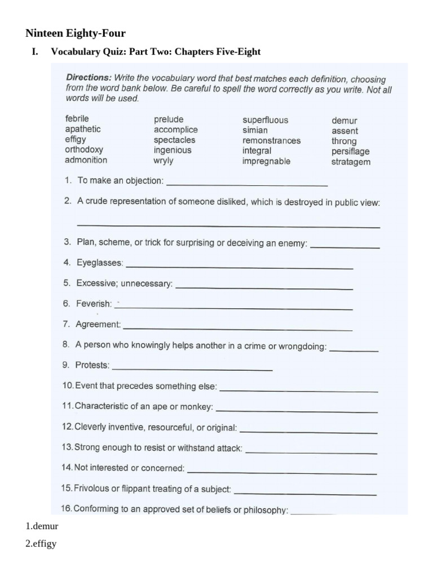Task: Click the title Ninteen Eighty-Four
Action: [76, 34]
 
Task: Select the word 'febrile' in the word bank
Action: [77, 119]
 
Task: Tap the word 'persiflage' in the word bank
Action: [351, 151]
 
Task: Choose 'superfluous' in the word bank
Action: [265, 120]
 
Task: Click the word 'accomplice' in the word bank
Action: [176, 130]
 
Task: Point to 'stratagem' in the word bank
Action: [351, 162]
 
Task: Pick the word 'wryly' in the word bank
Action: [164, 161]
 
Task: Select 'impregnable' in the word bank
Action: [266, 161]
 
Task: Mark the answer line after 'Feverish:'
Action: [233, 308]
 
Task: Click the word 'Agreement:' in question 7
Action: [98, 325]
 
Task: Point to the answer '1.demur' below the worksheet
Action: [42, 526]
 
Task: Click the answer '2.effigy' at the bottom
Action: [41, 544]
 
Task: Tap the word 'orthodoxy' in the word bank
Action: [84, 150]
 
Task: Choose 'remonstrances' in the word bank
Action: [271, 141]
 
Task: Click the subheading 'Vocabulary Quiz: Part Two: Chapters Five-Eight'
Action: [156, 52]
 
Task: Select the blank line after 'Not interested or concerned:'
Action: [281, 472]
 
